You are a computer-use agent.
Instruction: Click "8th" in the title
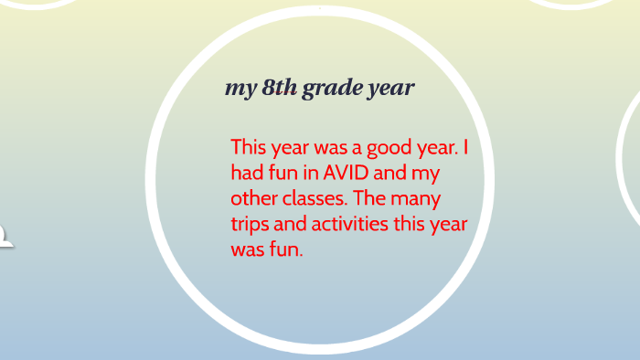(279, 89)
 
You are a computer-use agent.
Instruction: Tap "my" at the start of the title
(240, 90)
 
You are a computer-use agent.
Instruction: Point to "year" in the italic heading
(390, 90)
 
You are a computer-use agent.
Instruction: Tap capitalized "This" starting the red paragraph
(250, 146)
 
